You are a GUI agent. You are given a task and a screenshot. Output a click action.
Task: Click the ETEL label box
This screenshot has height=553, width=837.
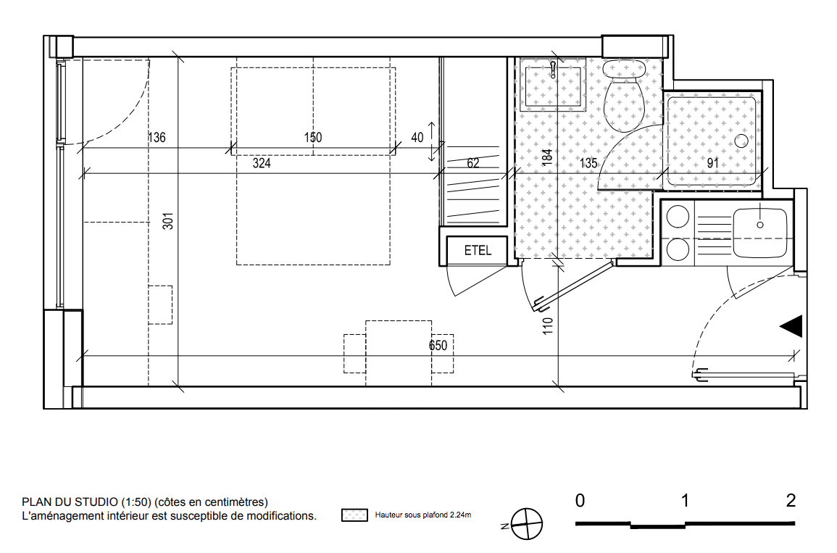pyautogui.click(x=477, y=250)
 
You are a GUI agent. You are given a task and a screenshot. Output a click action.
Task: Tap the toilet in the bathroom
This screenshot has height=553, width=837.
pyautogui.click(x=623, y=95)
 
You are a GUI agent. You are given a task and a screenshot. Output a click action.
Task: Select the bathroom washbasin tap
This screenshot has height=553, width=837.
pyautogui.click(x=554, y=70)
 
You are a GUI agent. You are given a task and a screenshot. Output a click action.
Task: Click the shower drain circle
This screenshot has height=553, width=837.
pyautogui.click(x=741, y=141)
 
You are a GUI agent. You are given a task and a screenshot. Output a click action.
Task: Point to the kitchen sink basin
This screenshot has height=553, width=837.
pyautogui.click(x=760, y=233)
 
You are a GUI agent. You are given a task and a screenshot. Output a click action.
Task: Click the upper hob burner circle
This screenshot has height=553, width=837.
pyautogui.click(x=678, y=217)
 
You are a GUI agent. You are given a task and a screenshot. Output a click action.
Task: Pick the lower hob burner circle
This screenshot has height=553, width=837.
pyautogui.click(x=678, y=249)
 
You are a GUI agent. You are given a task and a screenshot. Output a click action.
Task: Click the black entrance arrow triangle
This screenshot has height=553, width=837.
pyautogui.click(x=791, y=326)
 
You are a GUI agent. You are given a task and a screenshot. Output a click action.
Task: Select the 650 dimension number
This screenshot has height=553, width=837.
pyautogui.click(x=438, y=346)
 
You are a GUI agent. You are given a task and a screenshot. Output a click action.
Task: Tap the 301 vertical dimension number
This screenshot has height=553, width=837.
pyautogui.click(x=168, y=221)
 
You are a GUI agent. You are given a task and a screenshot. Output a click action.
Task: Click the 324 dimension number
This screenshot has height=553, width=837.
pyautogui.click(x=262, y=163)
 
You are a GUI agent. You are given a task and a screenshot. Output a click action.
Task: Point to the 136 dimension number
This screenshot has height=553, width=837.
pyautogui.click(x=157, y=137)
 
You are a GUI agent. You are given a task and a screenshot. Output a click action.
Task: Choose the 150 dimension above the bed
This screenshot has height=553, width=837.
pyautogui.click(x=313, y=137)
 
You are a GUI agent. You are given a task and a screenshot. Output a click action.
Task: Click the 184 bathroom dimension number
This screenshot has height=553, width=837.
pyautogui.click(x=547, y=157)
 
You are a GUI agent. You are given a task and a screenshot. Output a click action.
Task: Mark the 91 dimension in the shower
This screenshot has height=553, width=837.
pyautogui.click(x=712, y=163)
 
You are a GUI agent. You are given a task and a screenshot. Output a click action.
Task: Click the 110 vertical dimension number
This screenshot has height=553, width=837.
pyautogui.click(x=548, y=326)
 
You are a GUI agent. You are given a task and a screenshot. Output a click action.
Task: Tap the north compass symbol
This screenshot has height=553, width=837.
pyautogui.click(x=526, y=523)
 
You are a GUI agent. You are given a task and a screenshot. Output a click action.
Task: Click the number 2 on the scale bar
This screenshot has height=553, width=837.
pyautogui.click(x=791, y=500)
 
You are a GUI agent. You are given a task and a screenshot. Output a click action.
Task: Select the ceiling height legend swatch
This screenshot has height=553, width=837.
pyautogui.click(x=354, y=515)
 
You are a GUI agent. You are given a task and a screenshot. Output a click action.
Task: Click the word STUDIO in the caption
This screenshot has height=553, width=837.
pyautogui.click(x=96, y=502)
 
